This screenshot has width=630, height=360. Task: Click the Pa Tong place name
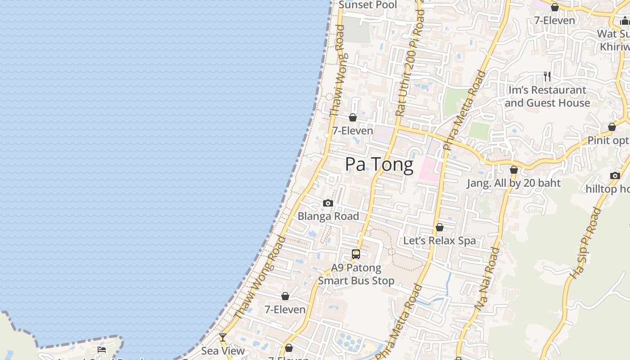379,165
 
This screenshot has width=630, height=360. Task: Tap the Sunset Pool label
368,5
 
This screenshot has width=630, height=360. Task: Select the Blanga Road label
328,216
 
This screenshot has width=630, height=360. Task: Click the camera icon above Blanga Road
328,203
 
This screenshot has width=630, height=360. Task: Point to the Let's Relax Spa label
439,240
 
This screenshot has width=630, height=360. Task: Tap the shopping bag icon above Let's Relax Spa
440,227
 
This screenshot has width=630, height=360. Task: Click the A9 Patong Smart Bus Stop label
356,274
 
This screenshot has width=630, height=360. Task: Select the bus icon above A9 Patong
356,254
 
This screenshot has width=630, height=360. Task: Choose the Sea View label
223,351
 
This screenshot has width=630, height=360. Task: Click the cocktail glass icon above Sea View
223,337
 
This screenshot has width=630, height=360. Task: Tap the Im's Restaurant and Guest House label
547,96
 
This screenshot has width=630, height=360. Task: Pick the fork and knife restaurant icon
547,76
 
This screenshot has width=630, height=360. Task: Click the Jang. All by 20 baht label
513,183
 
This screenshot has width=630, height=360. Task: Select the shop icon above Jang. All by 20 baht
514,170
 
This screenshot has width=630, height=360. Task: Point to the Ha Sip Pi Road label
585,243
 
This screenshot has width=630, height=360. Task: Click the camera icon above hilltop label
615,175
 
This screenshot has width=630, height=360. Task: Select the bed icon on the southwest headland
102,349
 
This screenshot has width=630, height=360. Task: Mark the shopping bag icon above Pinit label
612,127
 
